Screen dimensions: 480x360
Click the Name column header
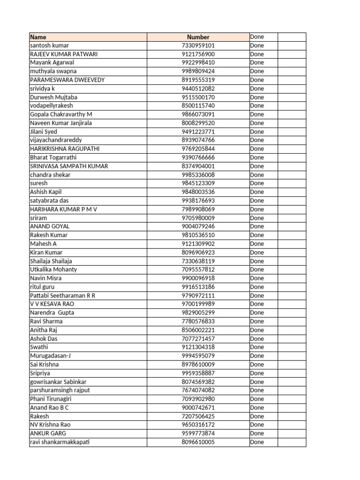38,37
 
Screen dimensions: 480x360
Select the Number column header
198,37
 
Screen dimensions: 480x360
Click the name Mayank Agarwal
52,62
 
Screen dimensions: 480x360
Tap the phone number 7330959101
198,45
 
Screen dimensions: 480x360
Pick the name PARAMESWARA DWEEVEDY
67,80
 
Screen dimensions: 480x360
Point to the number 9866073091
198,114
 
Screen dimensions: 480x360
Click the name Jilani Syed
44,132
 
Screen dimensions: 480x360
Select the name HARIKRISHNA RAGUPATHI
64,149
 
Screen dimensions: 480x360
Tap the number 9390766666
198,157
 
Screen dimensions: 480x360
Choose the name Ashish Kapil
46,192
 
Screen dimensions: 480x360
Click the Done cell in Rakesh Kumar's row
257,235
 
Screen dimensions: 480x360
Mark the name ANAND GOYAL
50,226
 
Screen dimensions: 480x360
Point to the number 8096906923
198,252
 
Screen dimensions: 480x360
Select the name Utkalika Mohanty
53,270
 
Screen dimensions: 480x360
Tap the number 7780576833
198,322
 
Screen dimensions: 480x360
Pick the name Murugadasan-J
50,356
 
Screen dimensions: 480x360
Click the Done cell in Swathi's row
257,347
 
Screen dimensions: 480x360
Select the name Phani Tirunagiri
50,399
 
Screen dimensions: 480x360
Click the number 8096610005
198,442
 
